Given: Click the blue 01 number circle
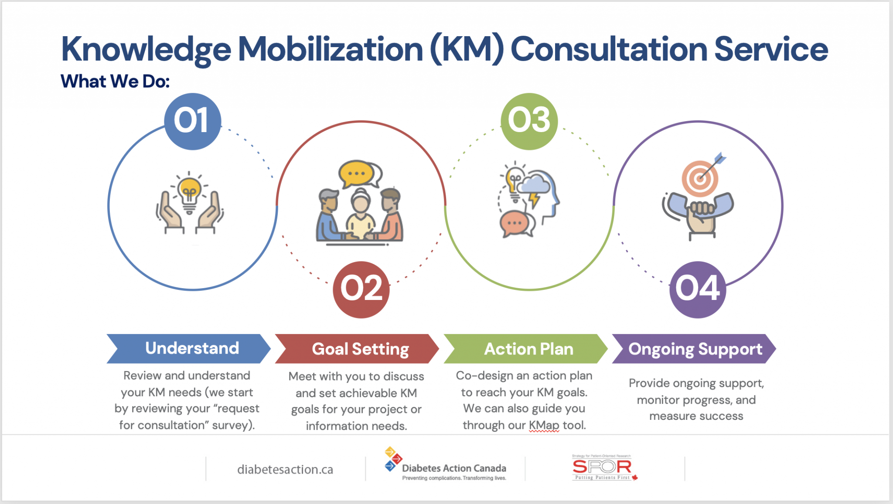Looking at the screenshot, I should (192, 121).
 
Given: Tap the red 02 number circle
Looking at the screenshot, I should (361, 289).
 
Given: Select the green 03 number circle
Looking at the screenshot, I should (529, 121).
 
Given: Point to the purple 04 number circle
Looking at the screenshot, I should (697, 289).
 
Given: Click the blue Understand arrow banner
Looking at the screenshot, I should (188, 349).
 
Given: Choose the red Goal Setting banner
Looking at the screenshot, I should (357, 349).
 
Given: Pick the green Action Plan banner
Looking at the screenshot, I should (526, 349).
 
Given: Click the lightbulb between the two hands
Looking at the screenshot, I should (189, 192).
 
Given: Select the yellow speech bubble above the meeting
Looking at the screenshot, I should (357, 174).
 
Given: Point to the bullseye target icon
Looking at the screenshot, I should (700, 178).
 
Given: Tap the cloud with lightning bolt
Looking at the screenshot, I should (534, 185).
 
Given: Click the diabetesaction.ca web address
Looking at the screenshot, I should (285, 470).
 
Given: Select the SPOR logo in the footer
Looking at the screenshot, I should (602, 467).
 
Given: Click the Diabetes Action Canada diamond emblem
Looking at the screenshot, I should (392, 459).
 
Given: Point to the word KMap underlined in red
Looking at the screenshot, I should (544, 426).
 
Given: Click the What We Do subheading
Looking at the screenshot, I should (115, 82).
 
